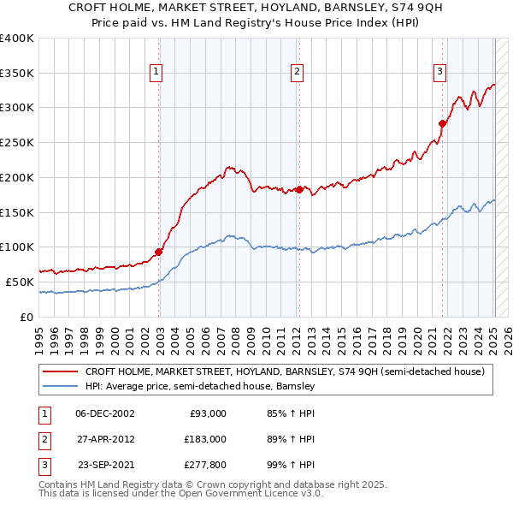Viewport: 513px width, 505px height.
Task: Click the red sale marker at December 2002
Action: pyautogui.click(x=159, y=252)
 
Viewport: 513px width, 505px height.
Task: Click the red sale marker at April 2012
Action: pyautogui.click(x=299, y=189)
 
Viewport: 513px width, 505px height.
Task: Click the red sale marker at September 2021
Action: pyautogui.click(x=442, y=123)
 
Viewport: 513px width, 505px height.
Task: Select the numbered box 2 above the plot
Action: pyautogui.click(x=297, y=73)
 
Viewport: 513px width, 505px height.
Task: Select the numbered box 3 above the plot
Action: pyautogui.click(x=439, y=73)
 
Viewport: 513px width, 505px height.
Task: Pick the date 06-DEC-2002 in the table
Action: pyautogui.click(x=104, y=413)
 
